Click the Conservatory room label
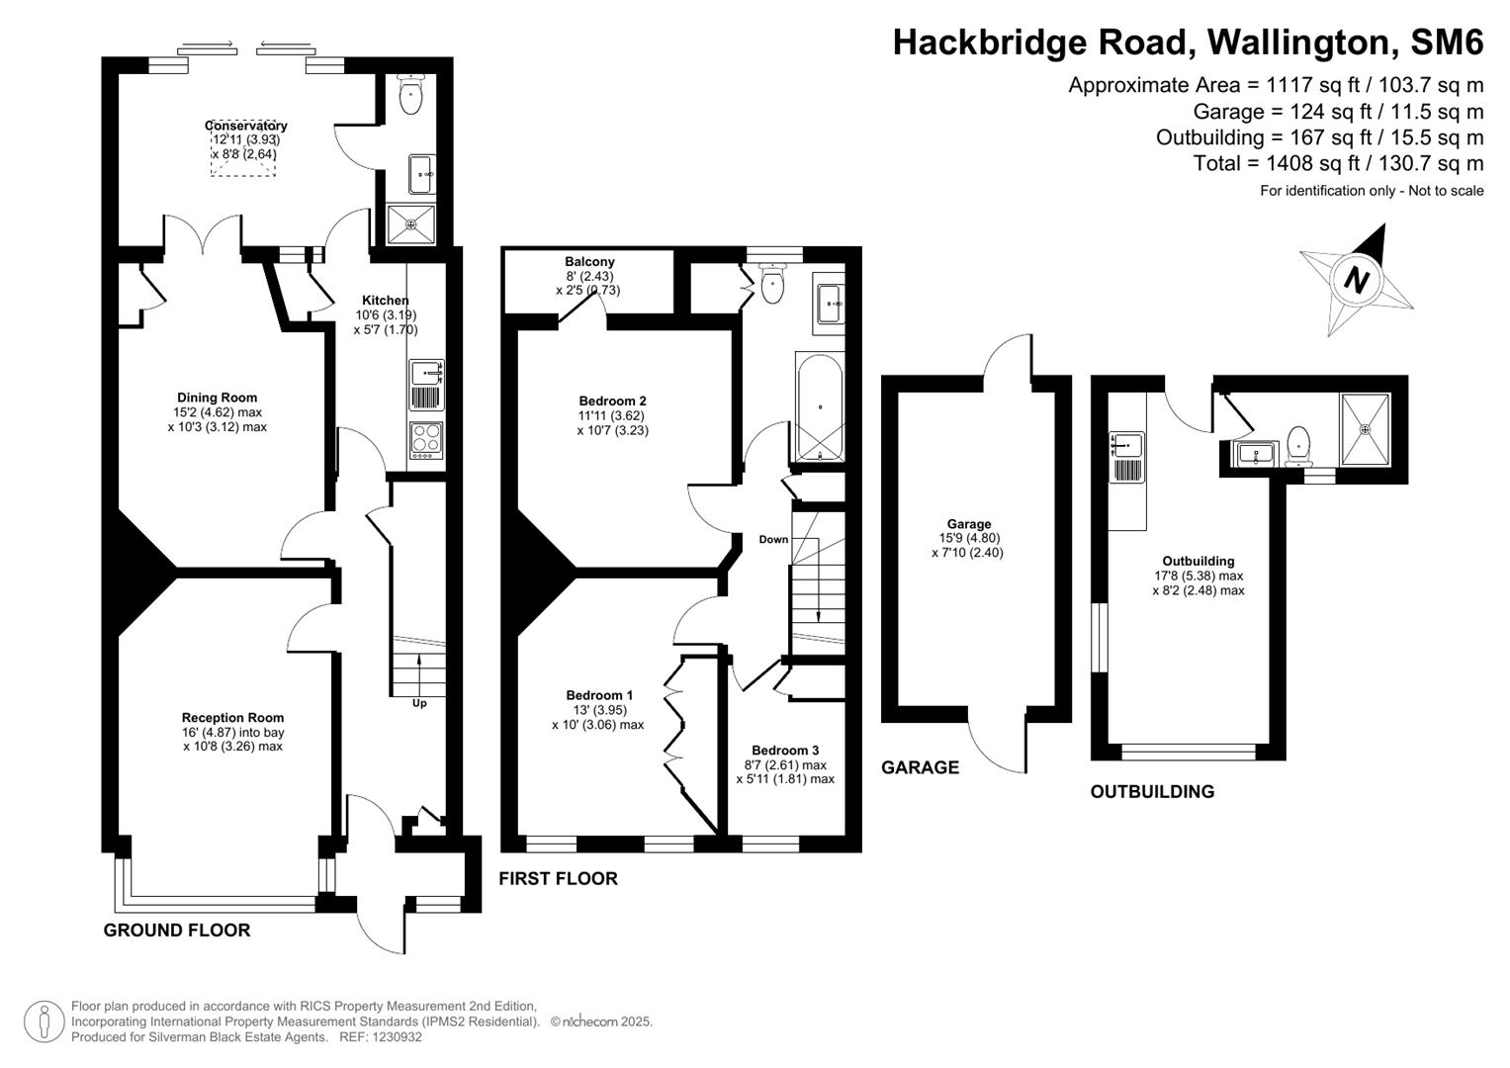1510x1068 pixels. (x=246, y=126)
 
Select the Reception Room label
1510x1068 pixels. (x=232, y=718)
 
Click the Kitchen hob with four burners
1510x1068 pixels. (x=426, y=439)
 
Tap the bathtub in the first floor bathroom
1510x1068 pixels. (x=819, y=406)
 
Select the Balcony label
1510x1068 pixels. (x=589, y=262)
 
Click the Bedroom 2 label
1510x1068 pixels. (x=612, y=400)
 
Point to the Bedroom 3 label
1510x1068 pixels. (x=785, y=751)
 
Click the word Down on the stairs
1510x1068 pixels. (x=773, y=539)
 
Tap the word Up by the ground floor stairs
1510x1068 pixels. (x=420, y=703)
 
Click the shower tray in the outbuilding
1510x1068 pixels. (x=1365, y=428)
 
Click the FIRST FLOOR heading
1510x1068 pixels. (x=558, y=878)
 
